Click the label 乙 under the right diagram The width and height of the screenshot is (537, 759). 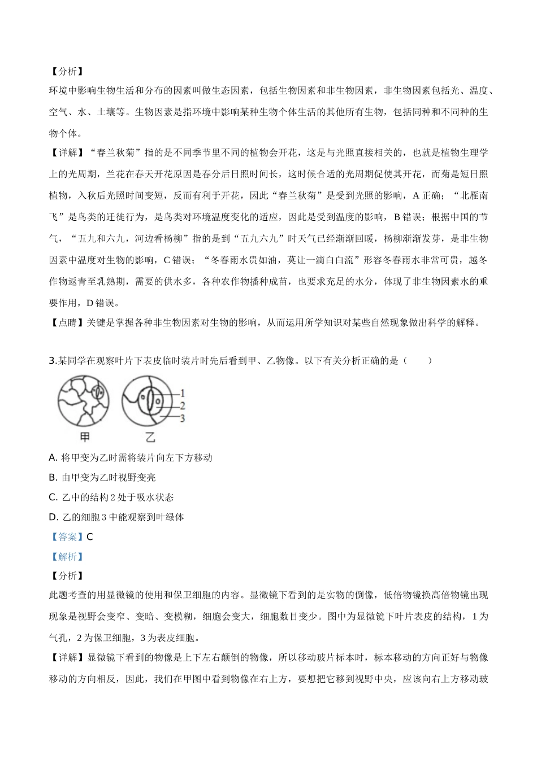coord(150,437)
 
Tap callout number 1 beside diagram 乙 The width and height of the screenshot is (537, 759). coord(183,393)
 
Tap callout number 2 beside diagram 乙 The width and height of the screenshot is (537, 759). coord(183,405)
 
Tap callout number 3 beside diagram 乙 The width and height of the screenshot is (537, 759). coord(183,418)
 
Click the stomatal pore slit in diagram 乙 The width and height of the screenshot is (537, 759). coord(149,403)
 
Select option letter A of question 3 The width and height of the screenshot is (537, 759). coord(53,457)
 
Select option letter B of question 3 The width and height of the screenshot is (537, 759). coord(53,477)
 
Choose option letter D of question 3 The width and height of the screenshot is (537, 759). coord(53,517)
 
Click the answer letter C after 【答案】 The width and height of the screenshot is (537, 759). coord(90,536)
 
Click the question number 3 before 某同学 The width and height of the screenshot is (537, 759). coord(52,360)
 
